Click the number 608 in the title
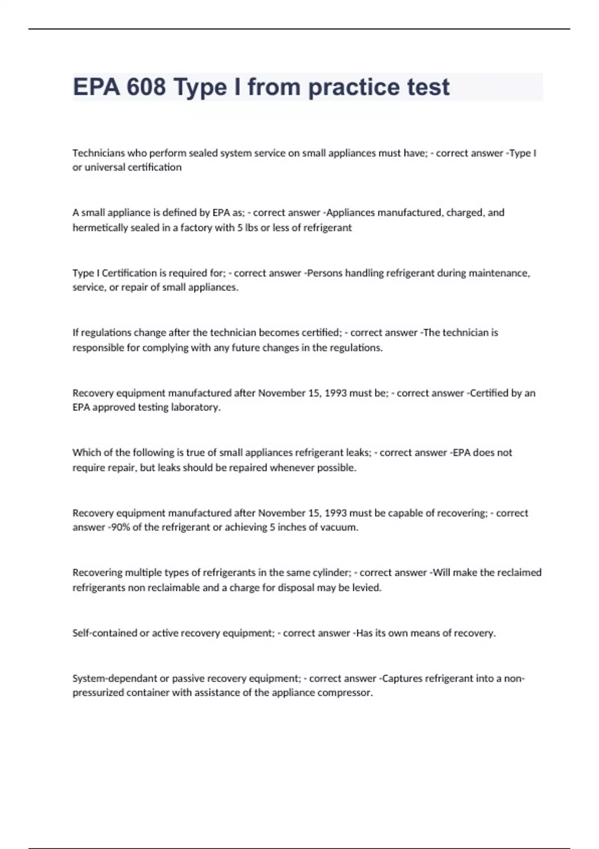click(146, 87)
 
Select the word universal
click(105, 167)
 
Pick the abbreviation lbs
click(250, 228)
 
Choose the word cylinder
click(331, 573)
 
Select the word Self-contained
click(104, 633)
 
